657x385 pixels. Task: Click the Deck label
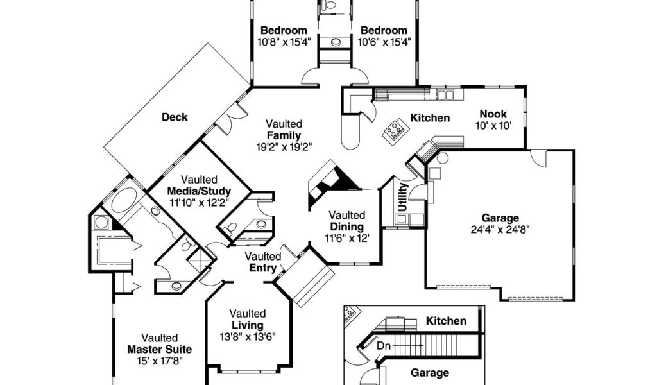point(175,117)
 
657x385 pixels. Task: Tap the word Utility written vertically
point(403,197)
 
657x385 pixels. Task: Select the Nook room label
point(493,114)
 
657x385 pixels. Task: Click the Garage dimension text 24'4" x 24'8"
point(500,230)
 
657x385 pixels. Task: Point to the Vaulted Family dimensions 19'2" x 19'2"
point(284,147)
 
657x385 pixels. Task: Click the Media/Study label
point(199,191)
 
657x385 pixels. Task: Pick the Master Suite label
point(160,350)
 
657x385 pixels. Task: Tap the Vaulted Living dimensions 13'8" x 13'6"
point(248,337)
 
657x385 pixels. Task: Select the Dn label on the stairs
point(384,346)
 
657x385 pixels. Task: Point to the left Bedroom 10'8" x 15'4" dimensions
point(284,42)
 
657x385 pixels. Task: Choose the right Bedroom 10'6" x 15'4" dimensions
point(384,42)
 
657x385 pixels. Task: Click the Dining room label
point(347,227)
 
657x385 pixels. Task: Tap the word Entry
point(262,268)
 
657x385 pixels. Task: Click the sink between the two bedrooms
point(335,42)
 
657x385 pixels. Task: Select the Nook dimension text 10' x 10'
point(493,126)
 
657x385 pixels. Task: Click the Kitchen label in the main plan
point(430,118)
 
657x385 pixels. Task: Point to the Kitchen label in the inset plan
point(447,321)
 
